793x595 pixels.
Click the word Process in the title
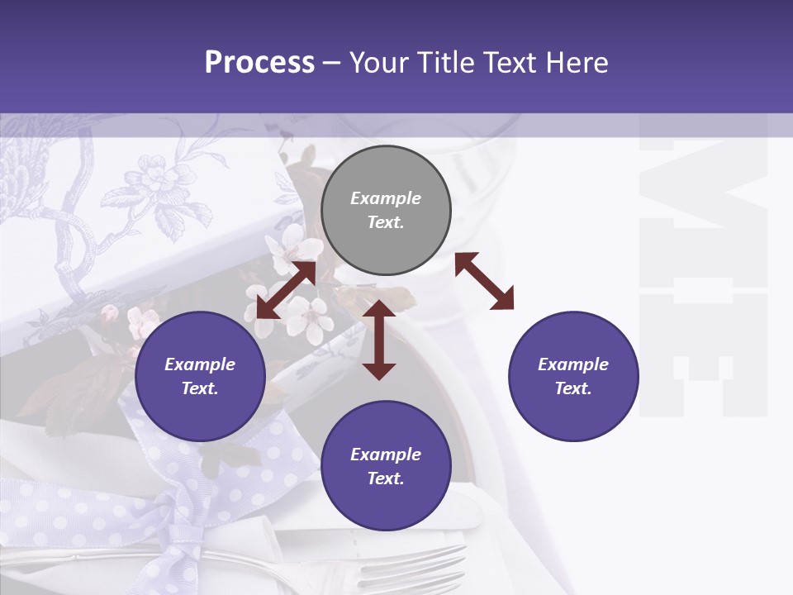pos(259,63)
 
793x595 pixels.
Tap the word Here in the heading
pos(576,63)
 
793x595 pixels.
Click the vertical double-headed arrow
pos(379,339)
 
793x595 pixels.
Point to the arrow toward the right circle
pos(484,281)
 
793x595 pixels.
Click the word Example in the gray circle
pos(386,198)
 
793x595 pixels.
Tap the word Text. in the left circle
pos(200,388)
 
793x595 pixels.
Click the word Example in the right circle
pos(573,364)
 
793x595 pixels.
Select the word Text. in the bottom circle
pos(386,478)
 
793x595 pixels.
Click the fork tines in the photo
pos(430,565)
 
